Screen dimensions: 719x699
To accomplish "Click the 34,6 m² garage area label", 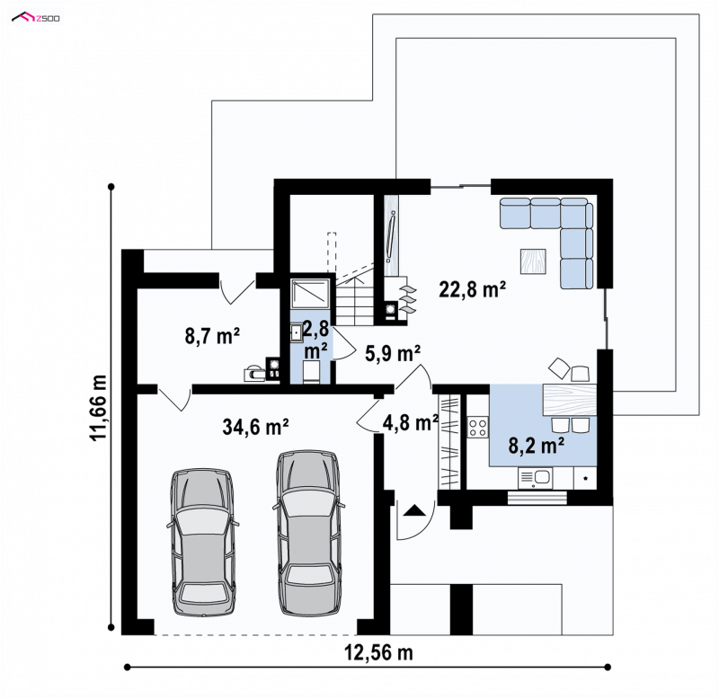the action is point(255,427).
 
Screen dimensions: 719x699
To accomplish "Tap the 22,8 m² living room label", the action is point(473,289).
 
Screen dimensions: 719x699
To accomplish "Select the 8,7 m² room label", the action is point(212,336).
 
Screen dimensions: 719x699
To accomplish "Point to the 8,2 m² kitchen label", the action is point(536,445).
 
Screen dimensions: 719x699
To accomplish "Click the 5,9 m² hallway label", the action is point(393,353).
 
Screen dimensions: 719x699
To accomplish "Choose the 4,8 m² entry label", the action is point(411,422).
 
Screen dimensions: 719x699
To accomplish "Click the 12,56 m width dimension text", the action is point(378,652).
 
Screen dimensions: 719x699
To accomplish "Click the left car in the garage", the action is point(202,542).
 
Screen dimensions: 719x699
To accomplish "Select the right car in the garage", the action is point(308,533).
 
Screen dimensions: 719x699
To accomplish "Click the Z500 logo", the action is point(36,18).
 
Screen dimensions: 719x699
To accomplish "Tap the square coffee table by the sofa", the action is point(533,261).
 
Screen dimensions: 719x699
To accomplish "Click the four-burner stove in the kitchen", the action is point(478,428).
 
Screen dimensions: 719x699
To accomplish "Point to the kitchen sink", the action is point(536,478).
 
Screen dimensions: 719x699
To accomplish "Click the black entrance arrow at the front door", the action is point(414,510).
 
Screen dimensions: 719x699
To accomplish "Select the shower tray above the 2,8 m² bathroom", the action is point(310,294).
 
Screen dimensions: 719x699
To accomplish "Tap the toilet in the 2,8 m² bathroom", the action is point(312,371).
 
